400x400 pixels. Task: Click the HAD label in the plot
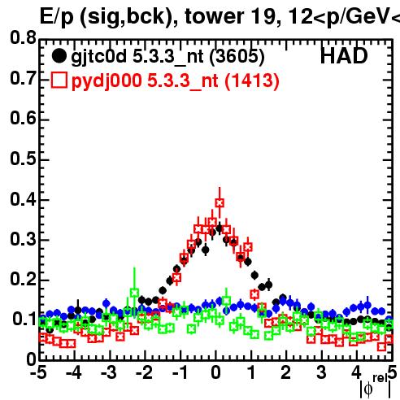pyautogui.click(x=344, y=56)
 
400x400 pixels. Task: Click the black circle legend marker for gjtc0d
pyautogui.click(x=59, y=56)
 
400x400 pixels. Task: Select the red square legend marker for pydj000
pyautogui.click(x=59, y=80)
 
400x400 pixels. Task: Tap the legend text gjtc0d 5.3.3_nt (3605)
pyautogui.click(x=167, y=57)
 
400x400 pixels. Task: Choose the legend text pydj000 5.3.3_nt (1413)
pyautogui.click(x=176, y=80)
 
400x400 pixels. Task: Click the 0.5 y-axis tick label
pyautogui.click(x=23, y=159)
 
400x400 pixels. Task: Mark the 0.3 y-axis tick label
pyautogui.click(x=23, y=239)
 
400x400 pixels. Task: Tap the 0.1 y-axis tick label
pyautogui.click(x=24, y=319)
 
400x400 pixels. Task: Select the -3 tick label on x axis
pyautogui.click(x=109, y=372)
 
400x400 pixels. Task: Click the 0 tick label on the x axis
pyautogui.click(x=216, y=372)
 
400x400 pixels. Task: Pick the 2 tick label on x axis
pyautogui.click(x=285, y=372)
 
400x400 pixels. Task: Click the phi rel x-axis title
pyautogui.click(x=376, y=386)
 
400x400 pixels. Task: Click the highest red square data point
pyautogui.click(x=220, y=202)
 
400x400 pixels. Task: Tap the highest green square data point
pyautogui.click(x=134, y=293)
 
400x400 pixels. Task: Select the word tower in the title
pyautogui.click(x=215, y=16)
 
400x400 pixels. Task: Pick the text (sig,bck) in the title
pyautogui.click(x=127, y=17)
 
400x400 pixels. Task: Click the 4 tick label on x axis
pyautogui.click(x=356, y=372)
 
